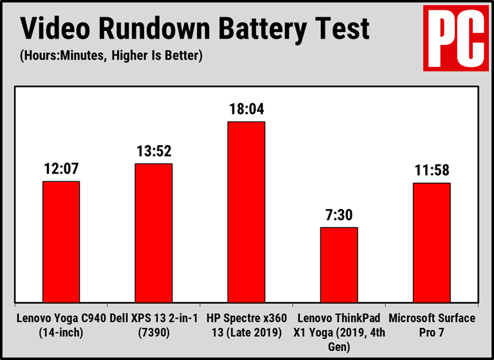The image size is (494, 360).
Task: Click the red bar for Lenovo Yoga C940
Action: pyautogui.click(x=61, y=242)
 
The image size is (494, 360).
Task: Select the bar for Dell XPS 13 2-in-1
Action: pyautogui.click(x=153, y=233)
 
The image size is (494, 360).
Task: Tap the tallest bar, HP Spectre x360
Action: pyautogui.click(x=246, y=212)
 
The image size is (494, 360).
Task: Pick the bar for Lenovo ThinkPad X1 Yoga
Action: pyautogui.click(x=339, y=264)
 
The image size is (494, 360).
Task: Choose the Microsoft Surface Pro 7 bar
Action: pyautogui.click(x=432, y=242)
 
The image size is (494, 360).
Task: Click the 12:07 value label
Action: pyautogui.click(x=61, y=168)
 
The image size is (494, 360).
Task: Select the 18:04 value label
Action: pyautogui.click(x=246, y=109)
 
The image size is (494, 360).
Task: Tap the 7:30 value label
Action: pyautogui.click(x=339, y=215)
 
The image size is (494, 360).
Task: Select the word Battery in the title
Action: pyautogui.click(x=266, y=29)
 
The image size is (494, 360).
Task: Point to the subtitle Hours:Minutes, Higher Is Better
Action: pyautogui.click(x=111, y=56)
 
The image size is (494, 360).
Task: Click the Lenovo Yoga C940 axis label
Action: pyautogui.click(x=61, y=325)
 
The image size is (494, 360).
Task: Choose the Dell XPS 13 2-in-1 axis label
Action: pyautogui.click(x=154, y=325)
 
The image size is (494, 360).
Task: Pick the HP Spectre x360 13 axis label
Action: pyautogui.click(x=246, y=325)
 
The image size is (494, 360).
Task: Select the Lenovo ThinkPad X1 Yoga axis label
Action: pyautogui.click(x=339, y=330)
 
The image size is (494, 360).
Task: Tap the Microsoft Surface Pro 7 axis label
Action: pyautogui.click(x=432, y=325)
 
